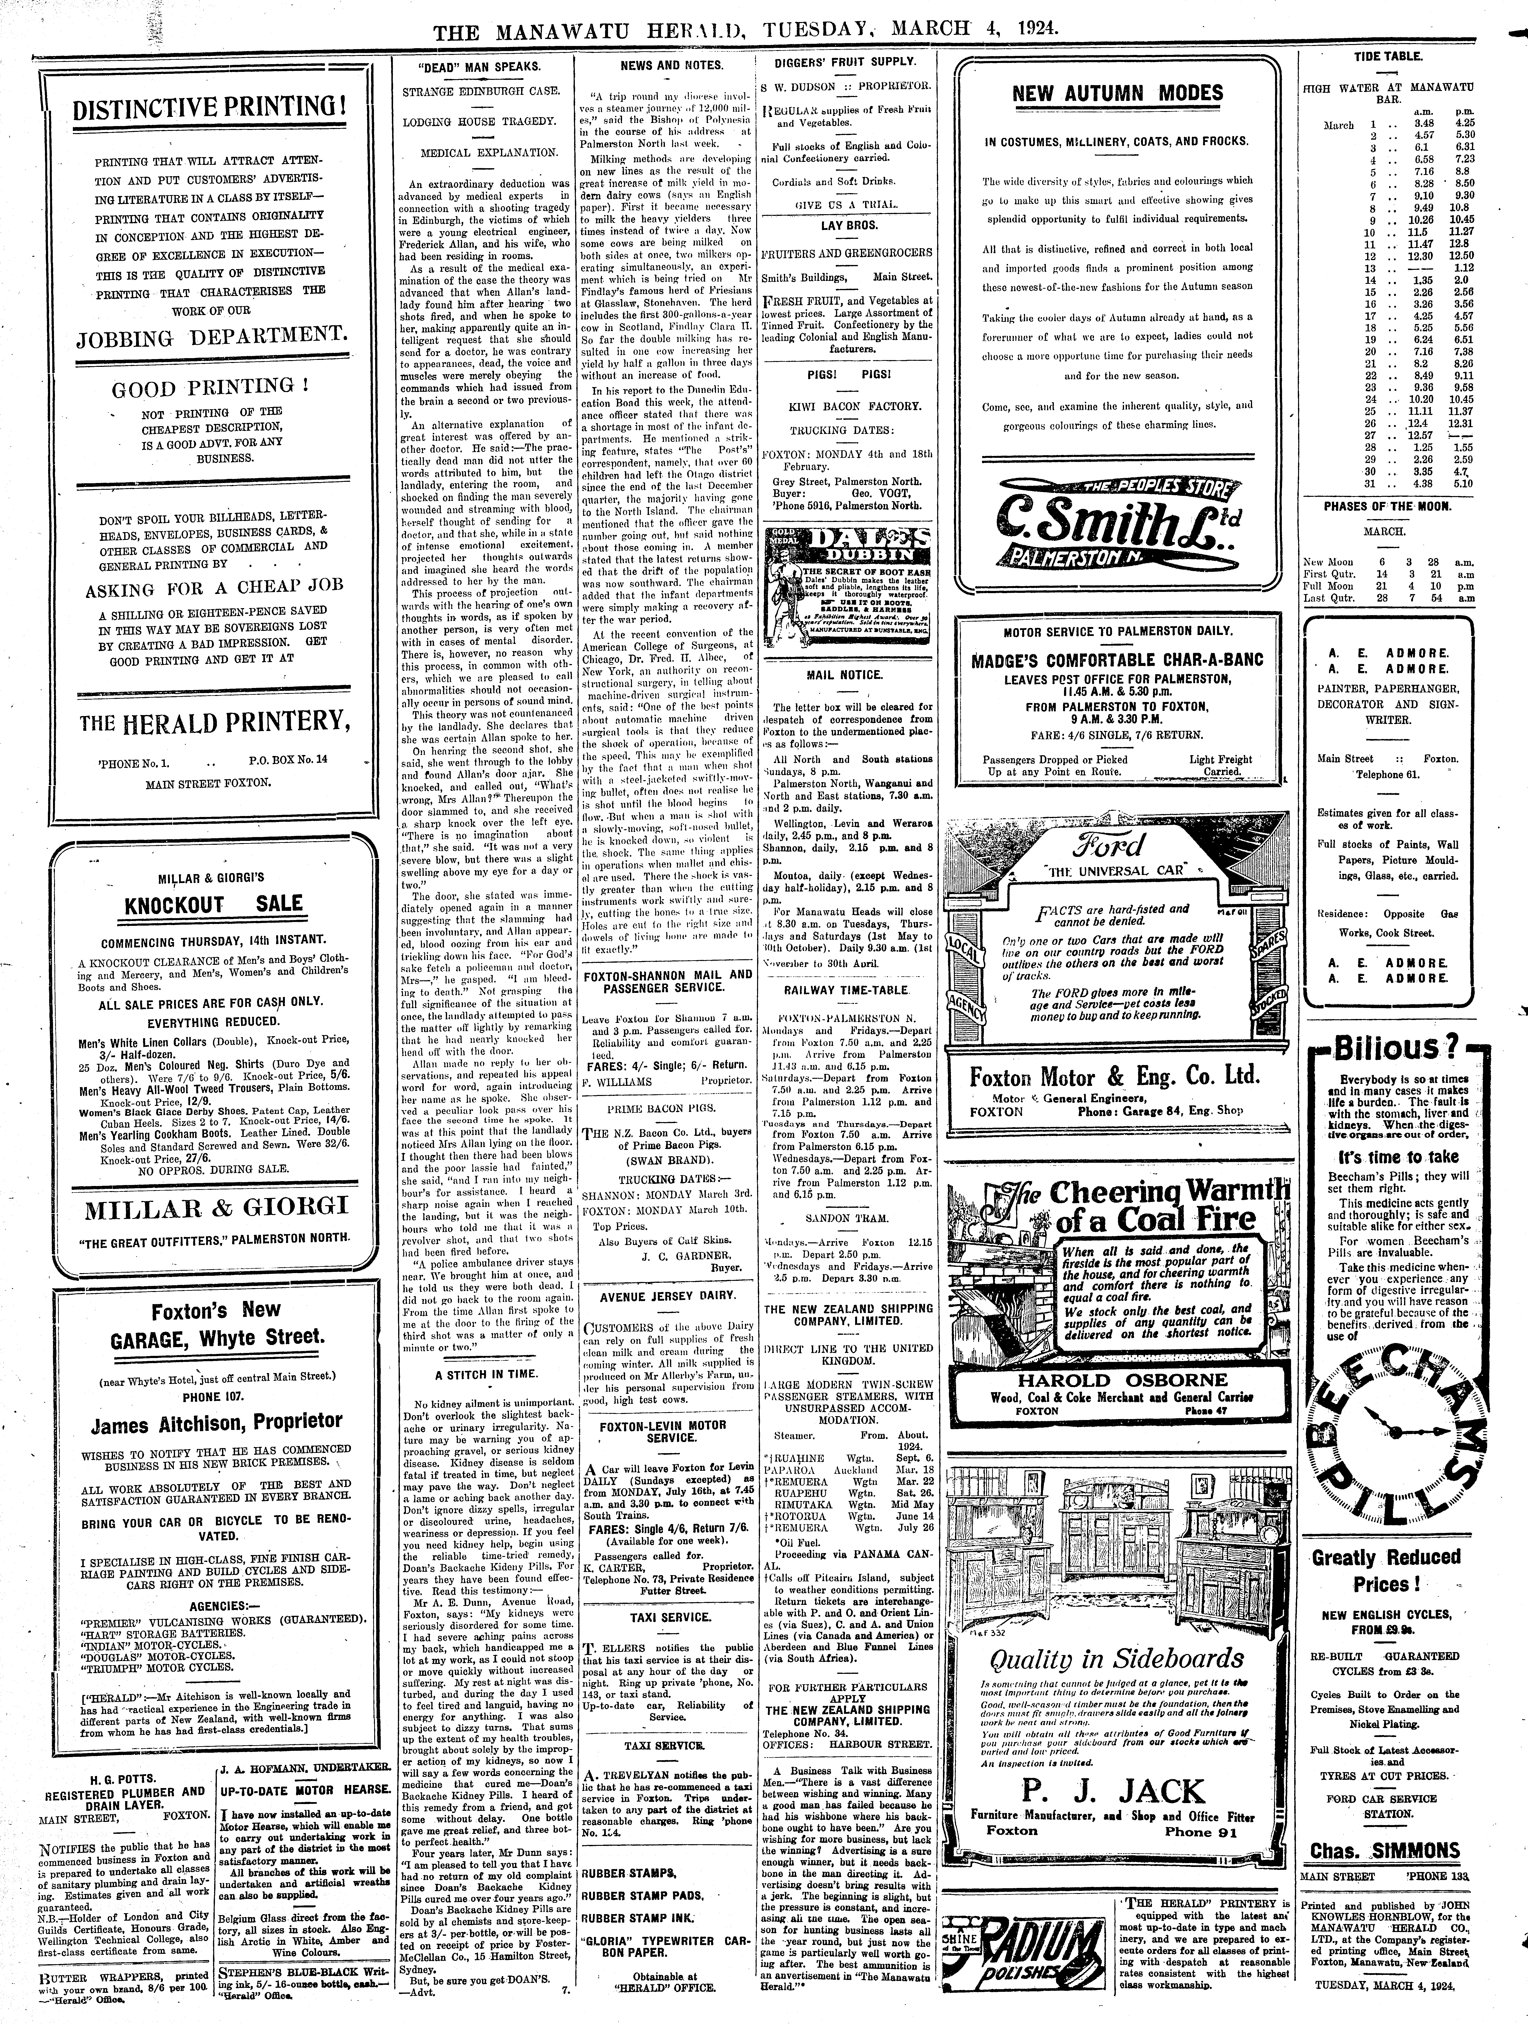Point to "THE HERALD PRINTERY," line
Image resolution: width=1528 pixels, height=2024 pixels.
coord(215,723)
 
